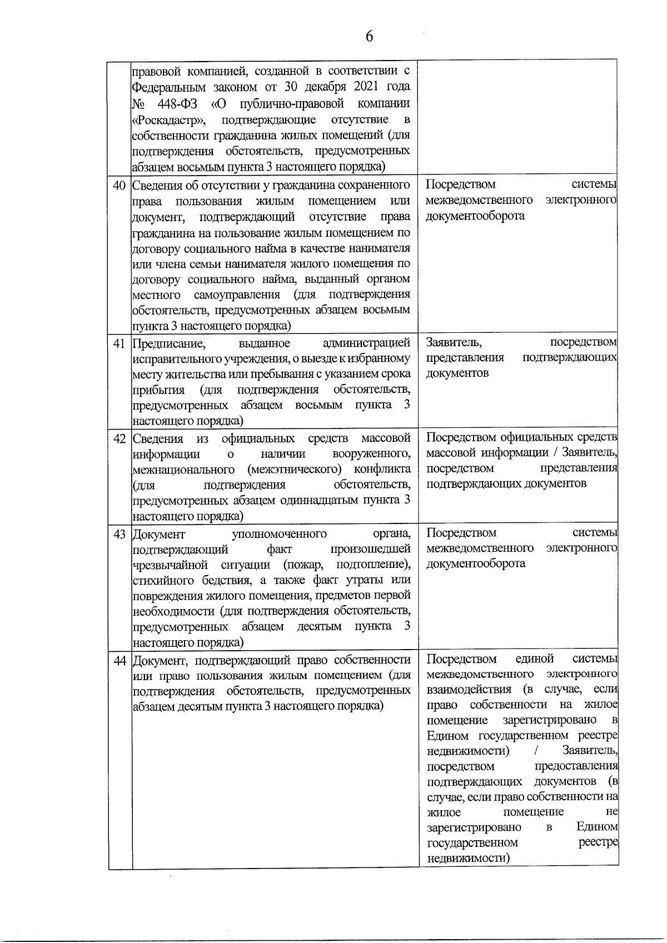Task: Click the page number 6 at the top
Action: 369,37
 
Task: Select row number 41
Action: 120,343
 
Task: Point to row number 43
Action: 120,534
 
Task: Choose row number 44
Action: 120,661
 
